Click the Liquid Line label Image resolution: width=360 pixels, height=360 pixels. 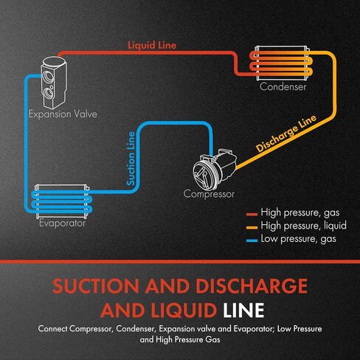pos(152,45)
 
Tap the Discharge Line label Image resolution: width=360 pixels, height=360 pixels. pos(286,134)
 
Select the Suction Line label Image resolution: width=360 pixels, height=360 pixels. pos(131,159)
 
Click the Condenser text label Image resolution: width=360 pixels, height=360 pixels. pos(283,87)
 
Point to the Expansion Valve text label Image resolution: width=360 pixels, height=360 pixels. pos(63,114)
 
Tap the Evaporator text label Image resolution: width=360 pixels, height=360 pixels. pos(62,224)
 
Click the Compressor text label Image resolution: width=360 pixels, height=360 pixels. pos(209,194)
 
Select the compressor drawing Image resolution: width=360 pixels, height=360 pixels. pos(215,169)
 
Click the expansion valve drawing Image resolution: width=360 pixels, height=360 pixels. pos(54,83)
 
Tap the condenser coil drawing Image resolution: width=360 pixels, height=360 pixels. pos(282,63)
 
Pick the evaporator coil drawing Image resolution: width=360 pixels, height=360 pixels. pos(62,201)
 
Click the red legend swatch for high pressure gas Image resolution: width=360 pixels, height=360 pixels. pos(252,214)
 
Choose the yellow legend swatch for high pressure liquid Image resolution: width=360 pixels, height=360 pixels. pos(252,227)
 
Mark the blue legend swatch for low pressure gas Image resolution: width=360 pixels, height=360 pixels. pos(252,240)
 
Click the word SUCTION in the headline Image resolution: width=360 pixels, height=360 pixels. pos(96,286)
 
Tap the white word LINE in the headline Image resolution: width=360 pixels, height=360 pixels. pos(243,310)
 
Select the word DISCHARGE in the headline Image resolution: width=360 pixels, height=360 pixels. pos(252,286)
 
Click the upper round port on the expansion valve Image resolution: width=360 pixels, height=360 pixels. pos(47,75)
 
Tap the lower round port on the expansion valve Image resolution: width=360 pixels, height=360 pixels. pos(48,93)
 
